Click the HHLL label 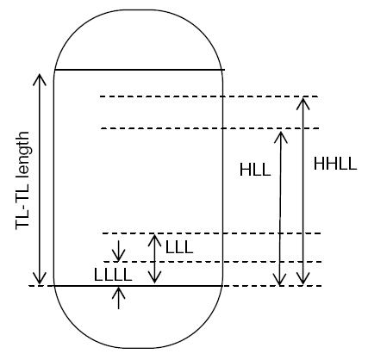point(335,164)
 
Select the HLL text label point(255,170)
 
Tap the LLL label point(179,247)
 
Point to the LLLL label point(113,275)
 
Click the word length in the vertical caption point(22,156)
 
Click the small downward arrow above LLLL point(118,251)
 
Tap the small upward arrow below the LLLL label point(118,298)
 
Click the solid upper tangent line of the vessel point(140,70)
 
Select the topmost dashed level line point(209,96)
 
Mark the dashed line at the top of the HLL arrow point(210,128)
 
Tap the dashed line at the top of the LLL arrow point(212,233)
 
